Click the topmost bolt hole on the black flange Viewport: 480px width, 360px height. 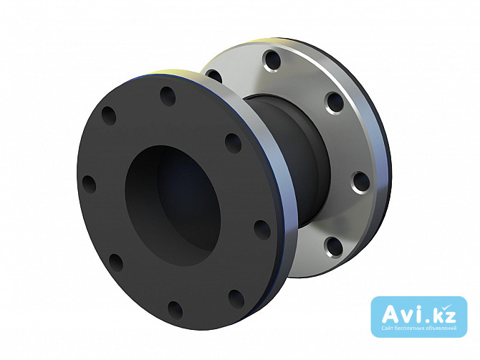click(x=168, y=96)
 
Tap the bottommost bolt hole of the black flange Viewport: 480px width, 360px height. click(x=176, y=310)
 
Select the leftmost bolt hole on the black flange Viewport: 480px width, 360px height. click(x=89, y=184)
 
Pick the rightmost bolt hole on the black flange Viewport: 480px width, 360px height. click(x=262, y=229)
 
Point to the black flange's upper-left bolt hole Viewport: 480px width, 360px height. click(x=109, y=115)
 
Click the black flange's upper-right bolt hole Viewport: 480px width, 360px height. click(x=234, y=143)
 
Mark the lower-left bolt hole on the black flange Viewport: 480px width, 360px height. click(x=116, y=262)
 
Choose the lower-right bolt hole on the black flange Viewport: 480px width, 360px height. click(x=236, y=299)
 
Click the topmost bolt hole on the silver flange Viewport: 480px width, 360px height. click(x=272, y=61)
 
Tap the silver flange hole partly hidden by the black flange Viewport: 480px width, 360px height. click(x=214, y=76)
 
